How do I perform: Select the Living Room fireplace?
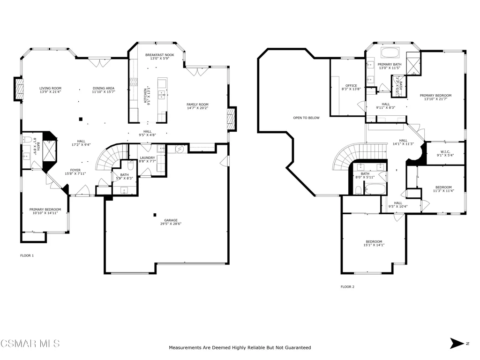point(19,89)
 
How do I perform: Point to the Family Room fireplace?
point(232,119)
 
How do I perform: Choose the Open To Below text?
point(306,118)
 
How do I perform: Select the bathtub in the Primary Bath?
point(390,52)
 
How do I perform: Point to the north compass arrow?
point(457,343)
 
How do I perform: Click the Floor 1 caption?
point(27,255)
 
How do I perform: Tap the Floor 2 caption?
point(347,287)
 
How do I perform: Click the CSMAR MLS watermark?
point(30,344)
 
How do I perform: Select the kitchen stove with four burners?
point(134,82)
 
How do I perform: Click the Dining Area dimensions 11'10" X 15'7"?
point(104,91)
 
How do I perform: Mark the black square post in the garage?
point(155,215)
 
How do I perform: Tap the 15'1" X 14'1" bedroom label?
point(374,245)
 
